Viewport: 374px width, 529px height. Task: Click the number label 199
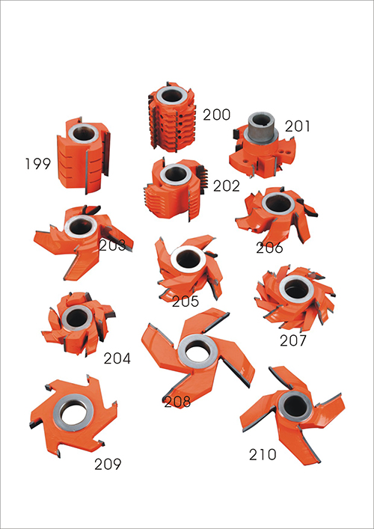coord(37,164)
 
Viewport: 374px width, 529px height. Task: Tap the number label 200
coord(216,115)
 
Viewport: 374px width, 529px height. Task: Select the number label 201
coord(297,126)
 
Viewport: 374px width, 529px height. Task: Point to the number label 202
coord(227,186)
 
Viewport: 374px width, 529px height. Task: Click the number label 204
coord(117,358)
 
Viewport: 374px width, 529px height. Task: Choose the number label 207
coord(293,340)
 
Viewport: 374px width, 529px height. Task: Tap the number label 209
coord(108,465)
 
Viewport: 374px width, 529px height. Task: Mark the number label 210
coord(263,455)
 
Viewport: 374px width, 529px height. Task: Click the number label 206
coord(269,248)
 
